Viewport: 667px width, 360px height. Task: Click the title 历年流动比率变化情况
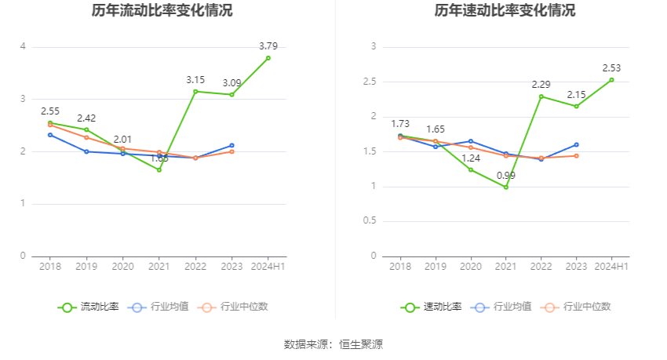(162, 11)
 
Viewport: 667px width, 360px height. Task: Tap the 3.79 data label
(269, 46)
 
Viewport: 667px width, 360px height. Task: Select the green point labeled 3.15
(195, 91)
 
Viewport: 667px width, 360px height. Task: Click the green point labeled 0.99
(506, 187)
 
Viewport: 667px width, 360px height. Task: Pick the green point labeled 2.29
(541, 96)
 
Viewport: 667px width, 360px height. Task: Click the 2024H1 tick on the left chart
(268, 267)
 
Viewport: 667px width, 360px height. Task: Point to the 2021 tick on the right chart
(506, 267)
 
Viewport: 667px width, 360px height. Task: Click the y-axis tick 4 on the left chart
(24, 47)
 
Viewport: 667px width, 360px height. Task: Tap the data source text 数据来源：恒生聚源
(333, 344)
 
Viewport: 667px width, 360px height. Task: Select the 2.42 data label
(87, 118)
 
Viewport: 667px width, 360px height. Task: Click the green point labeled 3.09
(231, 94)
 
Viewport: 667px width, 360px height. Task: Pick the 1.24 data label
(471, 158)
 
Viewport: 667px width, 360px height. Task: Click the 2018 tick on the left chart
(50, 267)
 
